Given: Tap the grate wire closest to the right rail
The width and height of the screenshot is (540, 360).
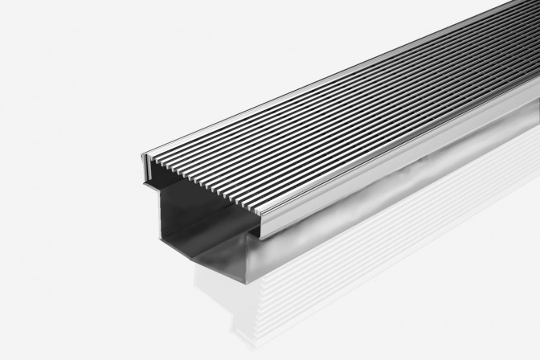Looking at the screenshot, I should pos(378,145).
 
